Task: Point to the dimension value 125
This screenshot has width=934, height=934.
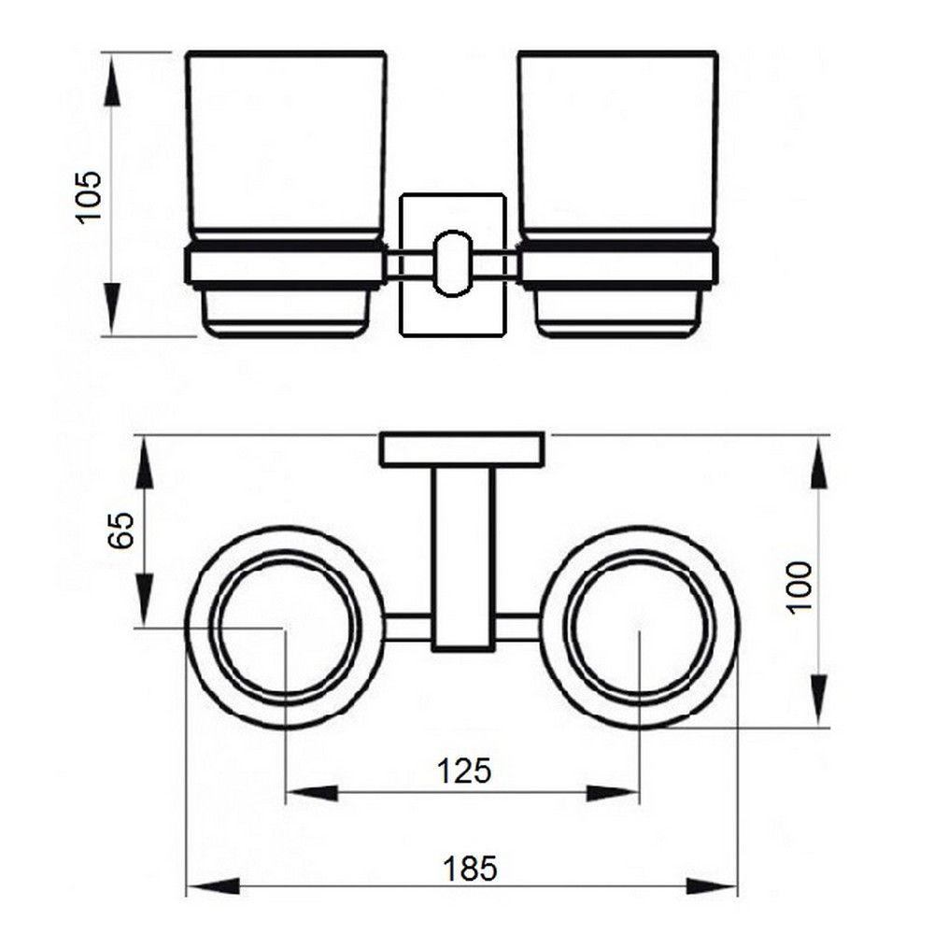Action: pos(464,771)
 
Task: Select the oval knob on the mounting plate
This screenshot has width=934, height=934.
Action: pos(452,265)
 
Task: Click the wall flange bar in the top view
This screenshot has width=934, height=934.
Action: pos(462,449)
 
